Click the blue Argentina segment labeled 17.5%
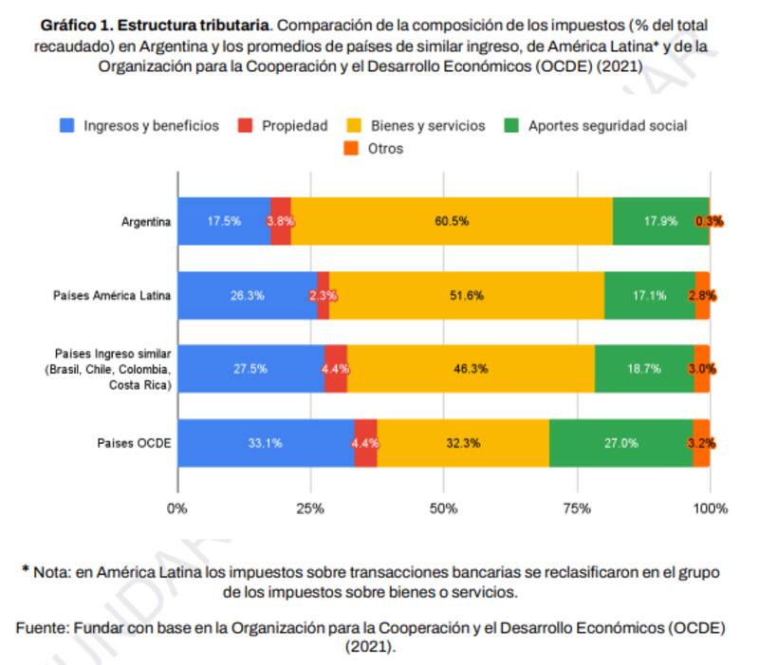point(224,221)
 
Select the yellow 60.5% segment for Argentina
point(452,221)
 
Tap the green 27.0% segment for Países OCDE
point(620,442)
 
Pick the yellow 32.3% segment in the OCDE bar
point(463,442)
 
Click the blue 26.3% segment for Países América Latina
point(247,295)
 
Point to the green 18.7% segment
point(644,369)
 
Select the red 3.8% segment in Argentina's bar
point(281,221)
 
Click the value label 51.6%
point(467,295)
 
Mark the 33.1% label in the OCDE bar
point(265,442)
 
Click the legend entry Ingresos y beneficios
point(141,125)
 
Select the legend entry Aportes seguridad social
point(597,125)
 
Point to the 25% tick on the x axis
point(309,508)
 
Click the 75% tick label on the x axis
point(577,508)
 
